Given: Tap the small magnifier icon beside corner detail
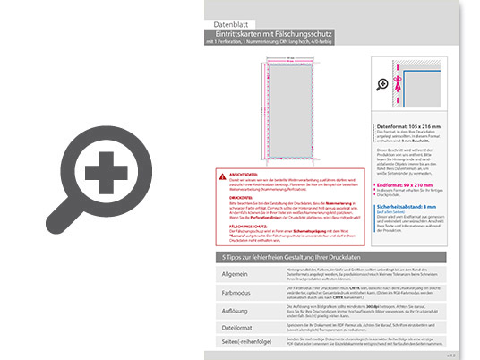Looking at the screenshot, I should pos(385,85).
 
